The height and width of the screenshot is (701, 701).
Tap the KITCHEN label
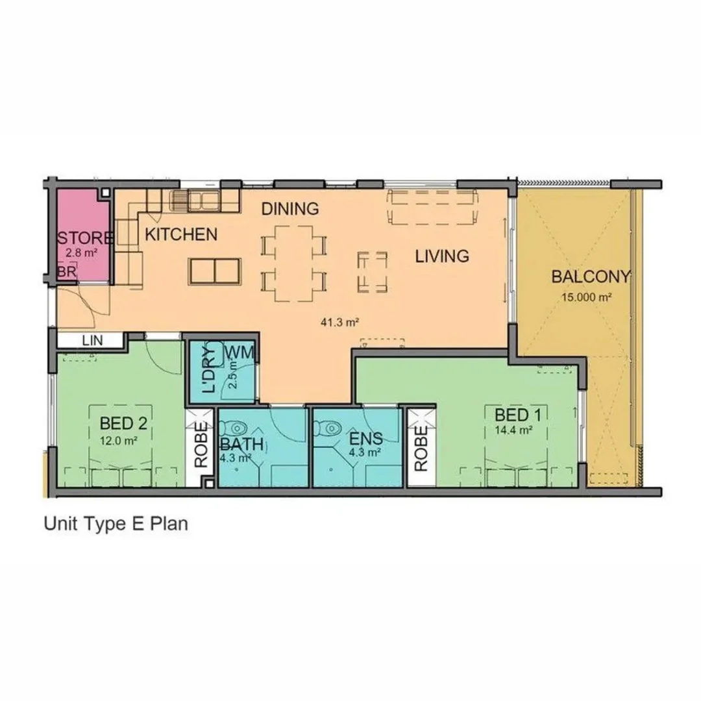coord(180,234)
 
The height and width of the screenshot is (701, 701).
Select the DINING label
coord(290,209)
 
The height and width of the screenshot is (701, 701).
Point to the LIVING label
coord(442,256)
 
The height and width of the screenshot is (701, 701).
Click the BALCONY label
coord(590,277)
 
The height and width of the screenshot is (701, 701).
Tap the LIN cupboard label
coord(90,340)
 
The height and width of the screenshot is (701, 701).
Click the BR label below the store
coord(67,273)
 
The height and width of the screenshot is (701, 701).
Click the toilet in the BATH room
coord(236,428)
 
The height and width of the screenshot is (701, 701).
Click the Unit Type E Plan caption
coord(116,524)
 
